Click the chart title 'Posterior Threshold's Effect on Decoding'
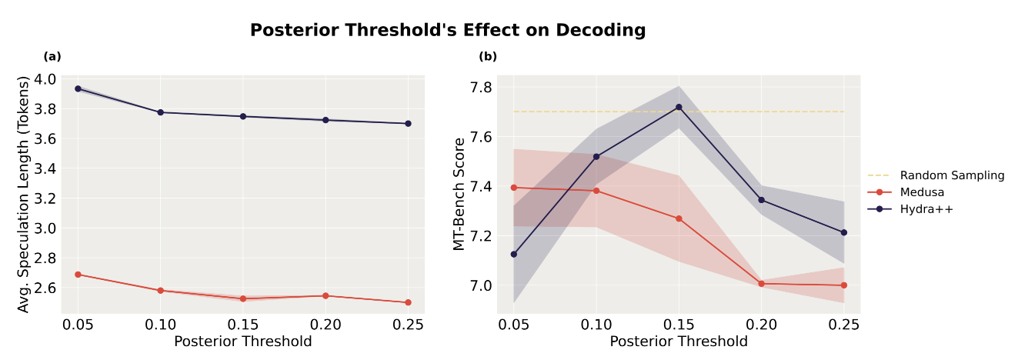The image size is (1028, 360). click(x=447, y=31)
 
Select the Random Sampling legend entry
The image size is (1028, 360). click(x=952, y=175)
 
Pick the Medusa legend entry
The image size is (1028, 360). click(x=923, y=192)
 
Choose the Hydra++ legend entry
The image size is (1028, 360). click(x=926, y=208)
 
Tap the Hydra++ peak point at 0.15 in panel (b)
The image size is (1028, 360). click(x=679, y=107)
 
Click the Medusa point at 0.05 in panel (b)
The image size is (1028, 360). click(x=514, y=188)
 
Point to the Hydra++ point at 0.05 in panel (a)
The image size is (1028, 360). click(x=78, y=88)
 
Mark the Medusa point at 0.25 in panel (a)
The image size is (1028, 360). click(x=408, y=302)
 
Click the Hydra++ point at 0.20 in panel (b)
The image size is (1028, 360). click(x=762, y=200)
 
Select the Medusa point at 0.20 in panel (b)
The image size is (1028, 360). click(x=762, y=284)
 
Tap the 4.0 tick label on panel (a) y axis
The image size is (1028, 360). click(x=45, y=79)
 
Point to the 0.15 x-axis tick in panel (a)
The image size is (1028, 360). click(x=243, y=325)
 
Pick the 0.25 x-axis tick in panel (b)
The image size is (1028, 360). click(x=844, y=325)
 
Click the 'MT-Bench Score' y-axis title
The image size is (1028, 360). click(x=459, y=194)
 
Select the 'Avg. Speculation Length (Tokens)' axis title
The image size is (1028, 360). click(x=25, y=193)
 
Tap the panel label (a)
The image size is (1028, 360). click(x=52, y=56)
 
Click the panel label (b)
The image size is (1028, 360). click(x=488, y=56)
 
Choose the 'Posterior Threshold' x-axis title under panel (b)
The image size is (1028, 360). click(x=679, y=341)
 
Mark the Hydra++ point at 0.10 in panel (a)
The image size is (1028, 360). click(x=160, y=112)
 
